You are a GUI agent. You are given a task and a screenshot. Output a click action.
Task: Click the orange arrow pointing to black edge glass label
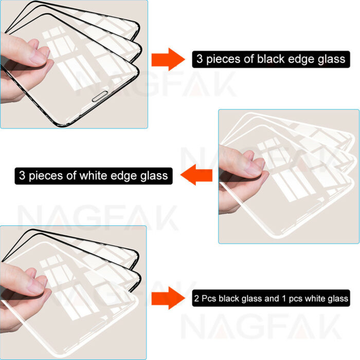point(168,60)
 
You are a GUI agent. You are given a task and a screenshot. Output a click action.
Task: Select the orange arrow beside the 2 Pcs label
point(168,298)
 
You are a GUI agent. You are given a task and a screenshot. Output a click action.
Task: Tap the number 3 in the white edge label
point(23,175)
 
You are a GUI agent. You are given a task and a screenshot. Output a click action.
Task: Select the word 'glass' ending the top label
point(330,59)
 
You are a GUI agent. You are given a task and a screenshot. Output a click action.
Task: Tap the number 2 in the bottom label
point(198,298)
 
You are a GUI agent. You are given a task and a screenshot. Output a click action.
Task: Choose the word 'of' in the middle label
point(72,175)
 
